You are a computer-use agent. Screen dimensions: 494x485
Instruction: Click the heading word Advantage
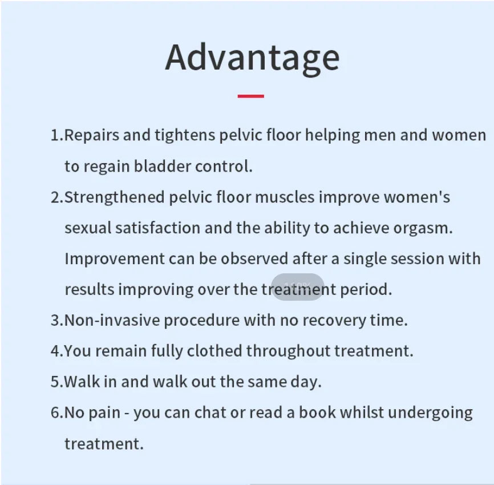click(x=252, y=59)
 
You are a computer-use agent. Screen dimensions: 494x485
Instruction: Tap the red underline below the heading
click(x=251, y=96)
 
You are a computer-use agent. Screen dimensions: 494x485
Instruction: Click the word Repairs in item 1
click(x=92, y=135)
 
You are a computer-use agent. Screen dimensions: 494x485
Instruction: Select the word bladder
click(x=162, y=166)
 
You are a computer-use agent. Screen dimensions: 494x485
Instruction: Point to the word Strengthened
click(x=114, y=197)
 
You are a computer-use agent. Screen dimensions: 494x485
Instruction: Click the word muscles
click(x=285, y=197)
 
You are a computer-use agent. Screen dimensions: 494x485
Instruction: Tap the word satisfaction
click(x=157, y=228)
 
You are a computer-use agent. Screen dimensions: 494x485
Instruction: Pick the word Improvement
click(x=114, y=259)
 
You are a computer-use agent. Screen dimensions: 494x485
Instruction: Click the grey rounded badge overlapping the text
click(x=298, y=287)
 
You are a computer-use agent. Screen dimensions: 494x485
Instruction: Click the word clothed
click(x=214, y=350)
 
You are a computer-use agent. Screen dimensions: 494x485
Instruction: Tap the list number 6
click(x=55, y=413)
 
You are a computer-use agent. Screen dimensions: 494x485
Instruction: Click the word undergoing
click(x=430, y=413)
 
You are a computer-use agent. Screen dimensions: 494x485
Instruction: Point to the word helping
click(x=333, y=135)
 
